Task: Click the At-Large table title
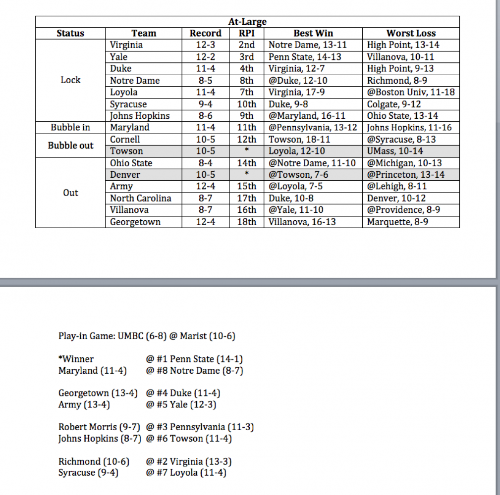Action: (x=247, y=22)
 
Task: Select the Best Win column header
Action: (x=313, y=34)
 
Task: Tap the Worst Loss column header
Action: (x=411, y=34)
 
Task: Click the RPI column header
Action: (x=246, y=34)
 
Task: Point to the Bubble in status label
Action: (x=70, y=128)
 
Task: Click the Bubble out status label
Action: (x=70, y=146)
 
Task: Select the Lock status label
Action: (x=70, y=80)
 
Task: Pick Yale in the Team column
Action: (x=119, y=57)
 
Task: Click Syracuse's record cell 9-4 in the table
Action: (x=205, y=104)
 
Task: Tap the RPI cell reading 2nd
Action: (x=246, y=45)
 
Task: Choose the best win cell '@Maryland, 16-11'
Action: (x=304, y=116)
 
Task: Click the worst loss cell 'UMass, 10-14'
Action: (x=395, y=151)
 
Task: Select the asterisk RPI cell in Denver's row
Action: (x=246, y=175)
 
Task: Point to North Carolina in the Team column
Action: (x=141, y=198)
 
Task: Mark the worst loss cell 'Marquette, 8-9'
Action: (x=397, y=222)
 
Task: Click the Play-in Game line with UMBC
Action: (x=147, y=337)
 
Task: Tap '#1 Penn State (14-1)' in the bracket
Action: (x=194, y=359)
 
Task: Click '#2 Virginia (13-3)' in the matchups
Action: (x=189, y=462)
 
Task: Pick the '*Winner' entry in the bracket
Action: (x=76, y=359)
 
